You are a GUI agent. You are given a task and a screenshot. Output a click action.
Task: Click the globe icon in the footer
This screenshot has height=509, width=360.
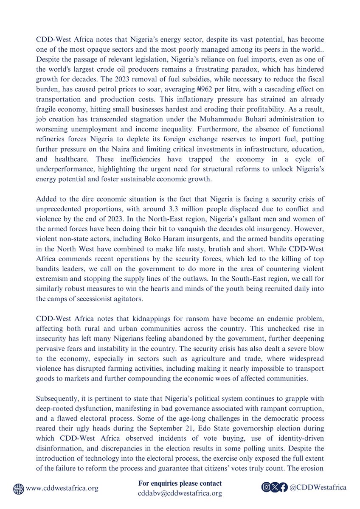tap(19, 488)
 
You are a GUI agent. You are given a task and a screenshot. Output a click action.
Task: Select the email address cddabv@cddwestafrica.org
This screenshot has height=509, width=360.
tap(180, 493)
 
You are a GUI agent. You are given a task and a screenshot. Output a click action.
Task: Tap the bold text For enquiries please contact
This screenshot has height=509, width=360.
tap(180, 484)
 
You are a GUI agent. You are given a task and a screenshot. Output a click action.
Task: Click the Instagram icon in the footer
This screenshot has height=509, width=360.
tap(266, 488)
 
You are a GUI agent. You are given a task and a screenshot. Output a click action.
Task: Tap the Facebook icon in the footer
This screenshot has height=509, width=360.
tap(283, 488)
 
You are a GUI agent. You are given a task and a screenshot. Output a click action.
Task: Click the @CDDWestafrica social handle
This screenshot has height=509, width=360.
tap(318, 488)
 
